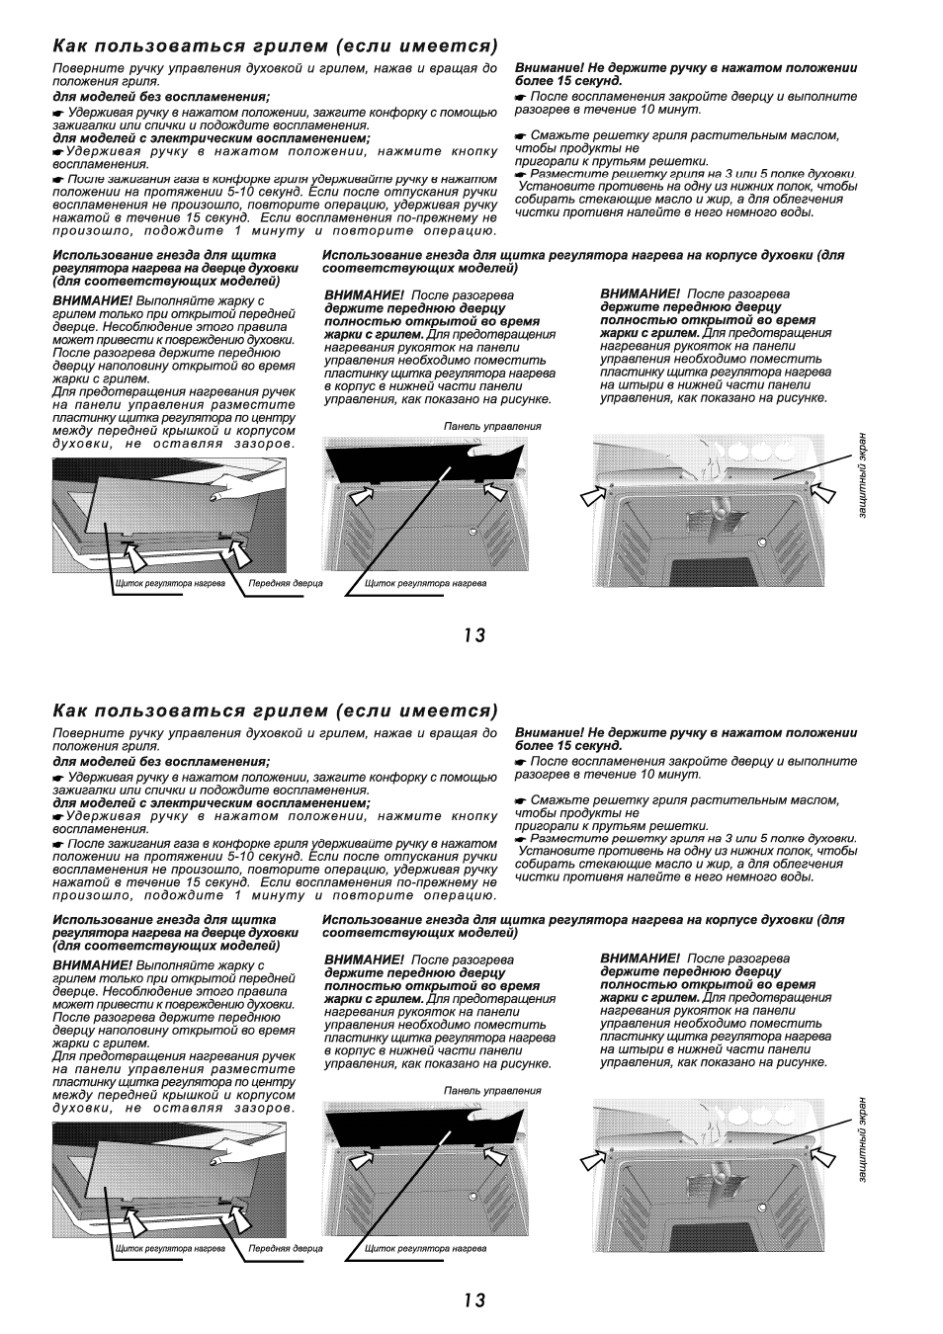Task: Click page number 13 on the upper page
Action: (473, 635)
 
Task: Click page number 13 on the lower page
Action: (473, 1300)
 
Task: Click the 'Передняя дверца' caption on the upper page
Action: (285, 583)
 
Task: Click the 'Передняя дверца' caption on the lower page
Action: (285, 1248)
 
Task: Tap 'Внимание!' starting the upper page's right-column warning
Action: (545, 68)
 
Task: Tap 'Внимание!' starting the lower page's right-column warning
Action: (545, 733)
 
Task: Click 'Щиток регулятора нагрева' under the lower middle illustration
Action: (425, 1248)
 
